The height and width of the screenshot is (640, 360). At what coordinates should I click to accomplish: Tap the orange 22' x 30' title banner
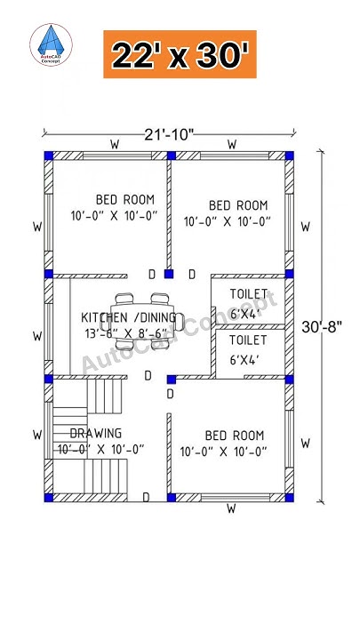click(x=180, y=54)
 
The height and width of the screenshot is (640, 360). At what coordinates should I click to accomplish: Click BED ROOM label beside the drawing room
click(x=234, y=436)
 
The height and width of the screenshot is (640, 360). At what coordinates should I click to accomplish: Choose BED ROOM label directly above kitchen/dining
click(x=125, y=199)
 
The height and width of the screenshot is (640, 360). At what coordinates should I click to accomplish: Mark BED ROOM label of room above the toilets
click(x=237, y=204)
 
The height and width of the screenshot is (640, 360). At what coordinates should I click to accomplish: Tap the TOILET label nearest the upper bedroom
click(x=248, y=294)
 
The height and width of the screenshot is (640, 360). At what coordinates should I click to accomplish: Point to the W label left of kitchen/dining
click(x=37, y=336)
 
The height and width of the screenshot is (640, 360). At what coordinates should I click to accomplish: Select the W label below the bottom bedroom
click(x=230, y=509)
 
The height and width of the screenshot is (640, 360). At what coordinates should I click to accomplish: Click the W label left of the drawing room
click(x=37, y=435)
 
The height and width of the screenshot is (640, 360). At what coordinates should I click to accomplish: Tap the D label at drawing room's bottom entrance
click(x=146, y=496)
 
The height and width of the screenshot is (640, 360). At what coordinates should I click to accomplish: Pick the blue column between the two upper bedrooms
click(x=168, y=156)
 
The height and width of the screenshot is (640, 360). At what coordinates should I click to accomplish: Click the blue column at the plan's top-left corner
click(x=48, y=156)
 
